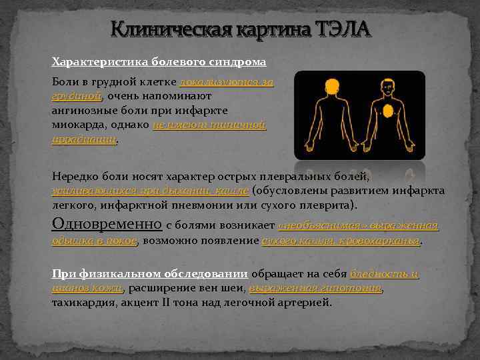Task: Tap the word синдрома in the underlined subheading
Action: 239,62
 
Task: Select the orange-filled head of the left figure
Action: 331,87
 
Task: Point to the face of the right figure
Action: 387,87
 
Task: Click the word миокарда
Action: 76,125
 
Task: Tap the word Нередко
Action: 75,177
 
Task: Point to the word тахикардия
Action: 81,303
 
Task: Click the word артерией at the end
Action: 309,303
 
